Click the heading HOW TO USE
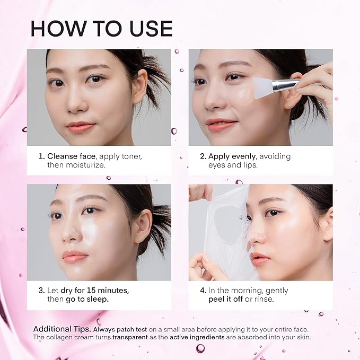point(101,29)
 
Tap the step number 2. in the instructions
point(203,156)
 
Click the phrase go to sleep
point(89,300)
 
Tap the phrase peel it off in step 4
point(231,300)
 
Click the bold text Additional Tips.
point(63,328)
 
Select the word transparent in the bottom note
point(130,337)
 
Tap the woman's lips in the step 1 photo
point(81,127)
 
